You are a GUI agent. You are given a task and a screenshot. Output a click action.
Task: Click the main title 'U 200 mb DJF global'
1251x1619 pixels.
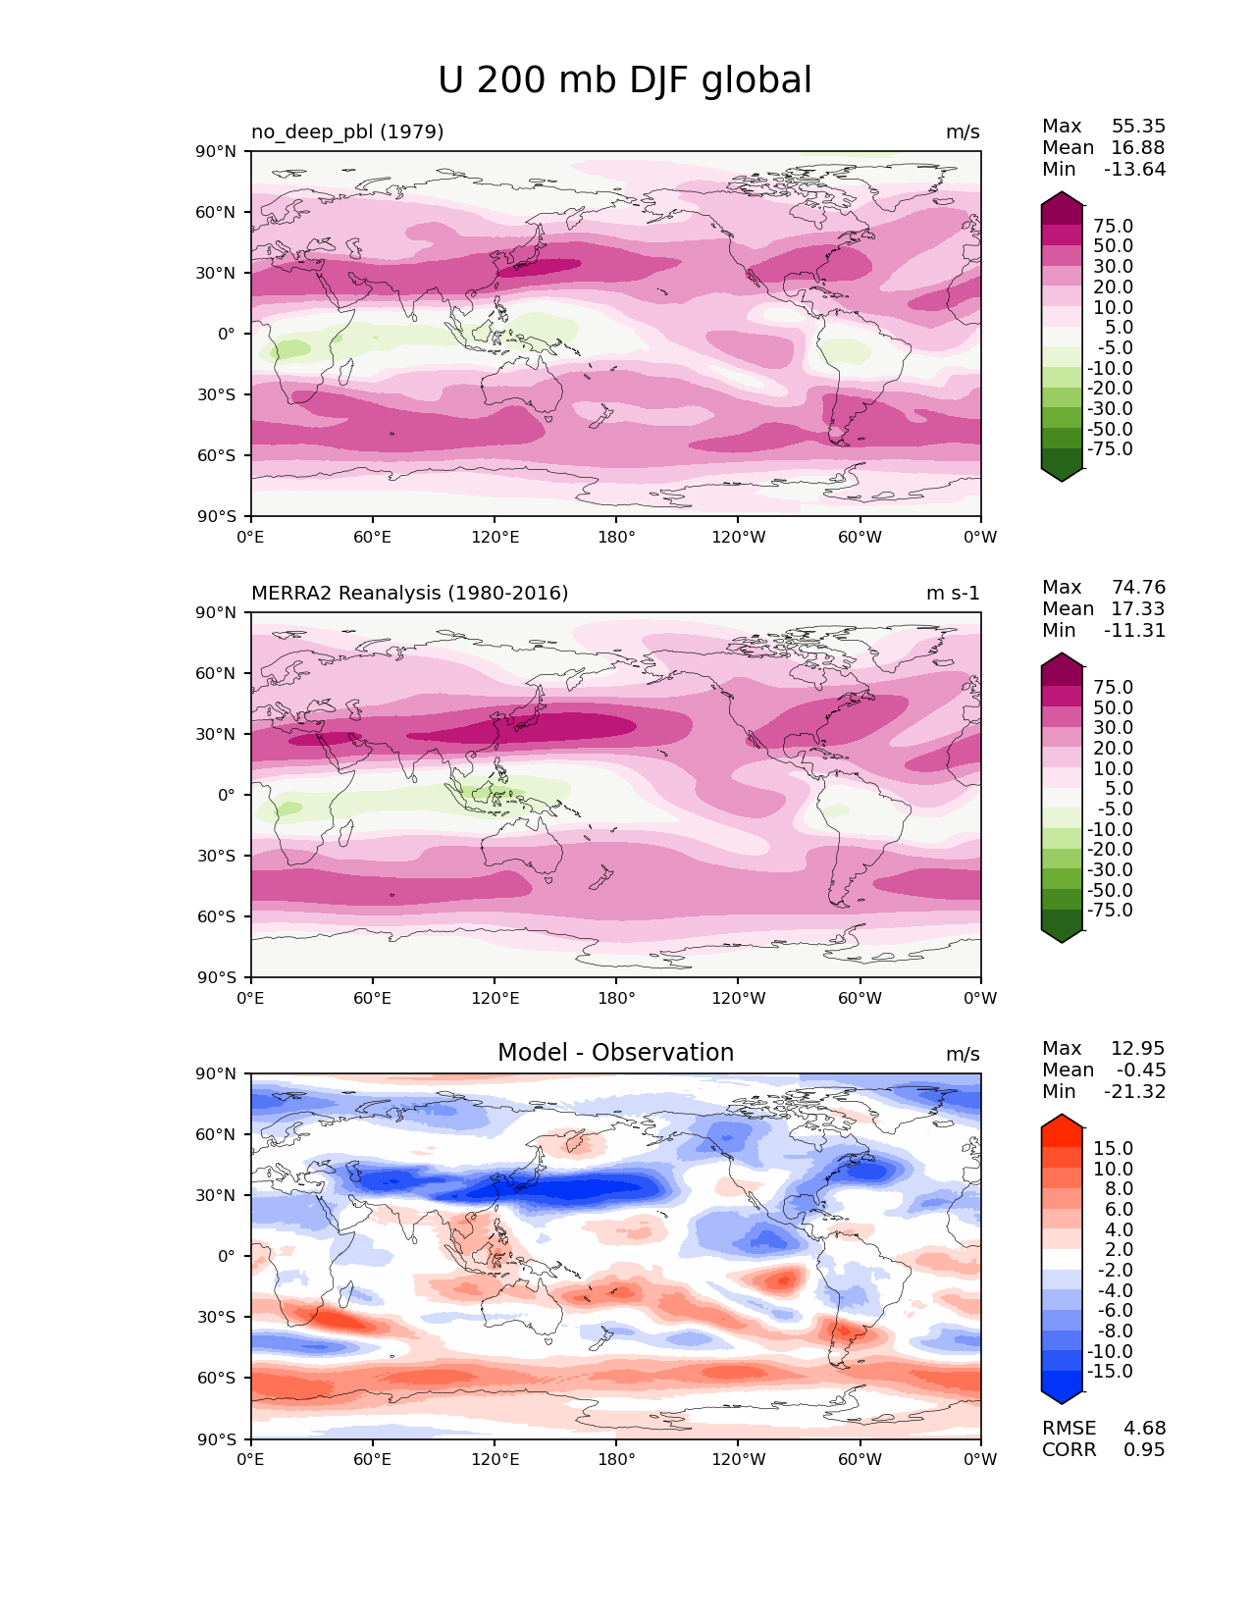pos(625,80)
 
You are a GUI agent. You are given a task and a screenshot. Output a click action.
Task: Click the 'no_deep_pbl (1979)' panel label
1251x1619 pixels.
pos(347,131)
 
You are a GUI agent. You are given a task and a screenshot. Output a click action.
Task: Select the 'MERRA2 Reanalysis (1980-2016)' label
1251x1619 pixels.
pos(409,593)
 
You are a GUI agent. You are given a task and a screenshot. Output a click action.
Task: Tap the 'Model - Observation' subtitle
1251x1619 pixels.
pos(615,1053)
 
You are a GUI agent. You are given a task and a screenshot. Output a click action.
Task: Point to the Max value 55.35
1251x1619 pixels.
pos(1138,126)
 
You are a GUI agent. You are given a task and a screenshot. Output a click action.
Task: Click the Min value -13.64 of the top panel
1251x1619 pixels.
pos(1134,169)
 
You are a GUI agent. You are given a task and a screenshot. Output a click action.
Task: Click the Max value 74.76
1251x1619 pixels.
pos(1138,587)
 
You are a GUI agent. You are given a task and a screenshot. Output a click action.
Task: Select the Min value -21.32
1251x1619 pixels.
pos(1134,1091)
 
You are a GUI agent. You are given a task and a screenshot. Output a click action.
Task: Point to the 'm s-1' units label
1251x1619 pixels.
pos(953,593)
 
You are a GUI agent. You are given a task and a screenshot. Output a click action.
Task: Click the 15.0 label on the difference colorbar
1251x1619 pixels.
pos(1113,1148)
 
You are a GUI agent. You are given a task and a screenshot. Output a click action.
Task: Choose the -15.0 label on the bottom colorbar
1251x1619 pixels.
pos(1110,1371)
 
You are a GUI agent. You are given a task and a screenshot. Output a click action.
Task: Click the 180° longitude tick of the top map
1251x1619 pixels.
pos(616,537)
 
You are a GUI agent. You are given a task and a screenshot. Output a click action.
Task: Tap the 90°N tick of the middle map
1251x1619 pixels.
pos(217,612)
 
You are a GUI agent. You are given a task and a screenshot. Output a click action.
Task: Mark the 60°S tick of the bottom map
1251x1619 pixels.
pos(217,1378)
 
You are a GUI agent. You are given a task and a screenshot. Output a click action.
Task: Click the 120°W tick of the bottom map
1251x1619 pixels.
pos(738,1459)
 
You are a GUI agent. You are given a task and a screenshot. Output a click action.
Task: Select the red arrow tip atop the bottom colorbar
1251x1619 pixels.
pos(1062,1121)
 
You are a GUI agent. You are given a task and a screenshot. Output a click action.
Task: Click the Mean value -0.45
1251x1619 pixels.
pos(1140,1070)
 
